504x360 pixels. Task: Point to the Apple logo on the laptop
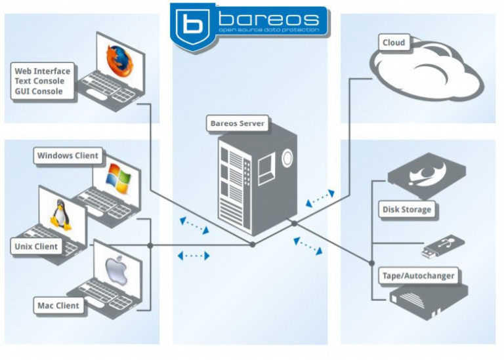tap(115, 270)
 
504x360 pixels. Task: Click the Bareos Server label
tap(238, 123)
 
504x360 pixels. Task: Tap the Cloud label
tap(394, 43)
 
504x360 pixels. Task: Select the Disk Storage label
tap(407, 210)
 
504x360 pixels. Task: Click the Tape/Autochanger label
tap(417, 275)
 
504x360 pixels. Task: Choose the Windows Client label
tap(68, 156)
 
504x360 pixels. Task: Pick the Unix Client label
tap(37, 247)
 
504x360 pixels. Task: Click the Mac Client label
tap(58, 306)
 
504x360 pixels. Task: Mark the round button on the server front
tap(287, 157)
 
